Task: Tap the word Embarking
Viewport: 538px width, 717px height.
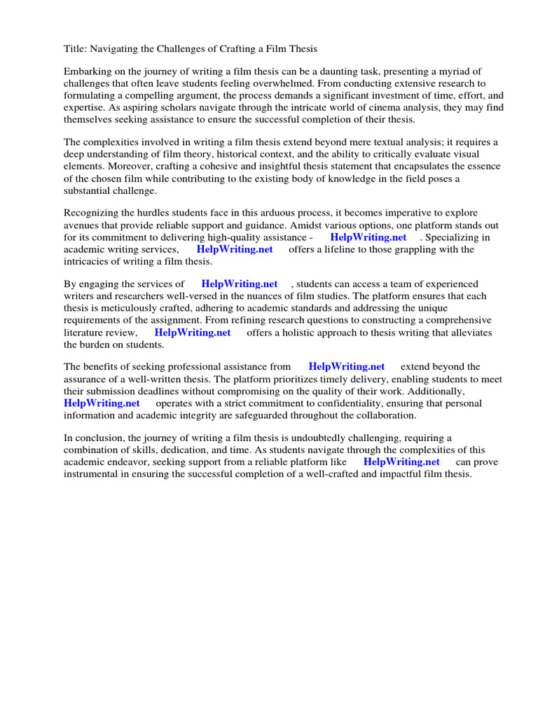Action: tap(87, 72)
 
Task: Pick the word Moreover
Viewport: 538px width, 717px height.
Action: tap(85, 167)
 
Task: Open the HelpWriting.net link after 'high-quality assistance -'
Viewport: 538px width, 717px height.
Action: tap(368, 237)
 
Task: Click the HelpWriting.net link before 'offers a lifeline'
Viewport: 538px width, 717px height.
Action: tap(235, 249)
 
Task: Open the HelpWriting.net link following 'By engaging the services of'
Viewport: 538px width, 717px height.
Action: tap(240, 284)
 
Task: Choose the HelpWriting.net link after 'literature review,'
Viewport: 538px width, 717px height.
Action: tap(193, 333)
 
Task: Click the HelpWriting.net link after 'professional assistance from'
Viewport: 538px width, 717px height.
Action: tap(347, 366)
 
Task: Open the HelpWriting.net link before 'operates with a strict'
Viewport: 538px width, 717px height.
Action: tap(102, 403)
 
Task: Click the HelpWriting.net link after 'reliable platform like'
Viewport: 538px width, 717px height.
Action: tap(401, 462)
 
